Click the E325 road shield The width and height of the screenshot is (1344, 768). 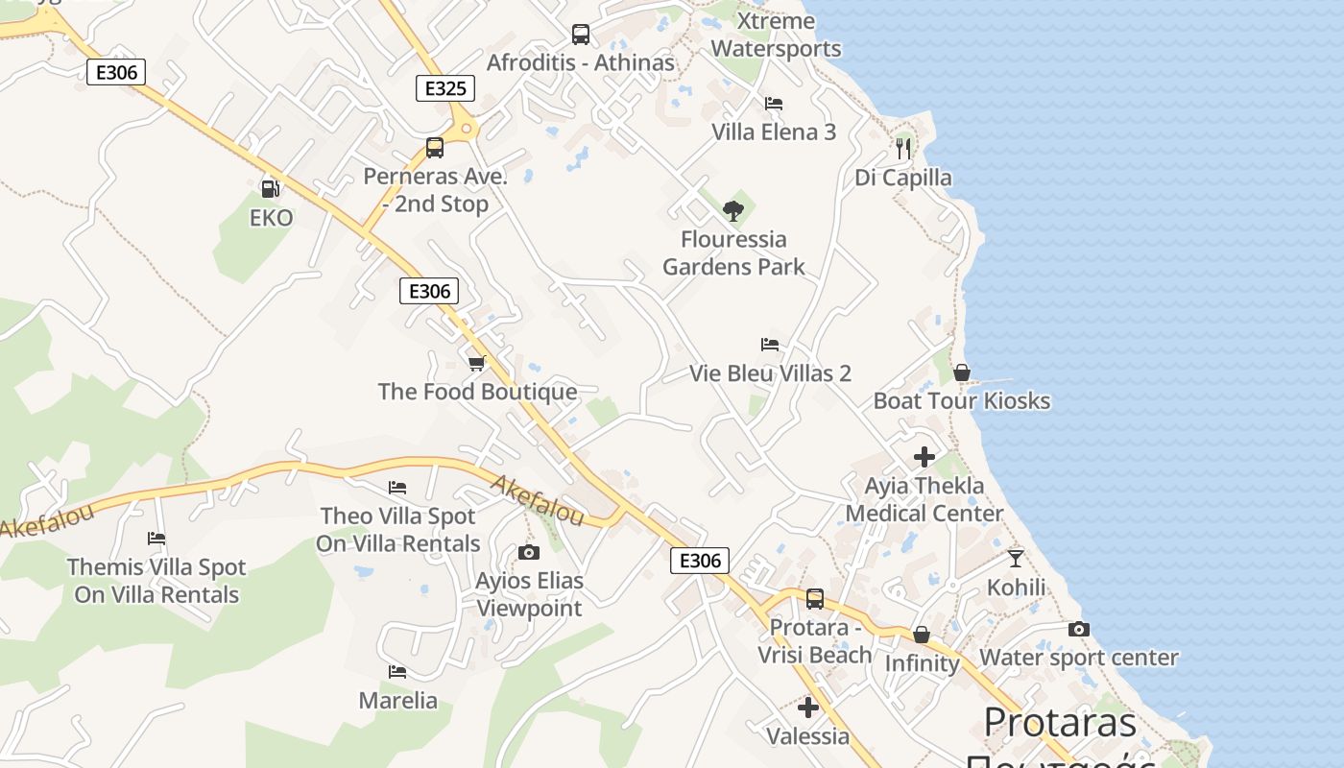(445, 88)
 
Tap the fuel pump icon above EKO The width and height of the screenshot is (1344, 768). (270, 189)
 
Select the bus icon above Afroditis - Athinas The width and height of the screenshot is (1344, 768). (581, 35)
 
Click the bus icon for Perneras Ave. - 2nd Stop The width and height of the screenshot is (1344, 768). (435, 148)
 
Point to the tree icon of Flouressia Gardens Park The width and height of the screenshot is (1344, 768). (733, 210)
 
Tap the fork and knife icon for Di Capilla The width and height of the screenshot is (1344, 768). (903, 148)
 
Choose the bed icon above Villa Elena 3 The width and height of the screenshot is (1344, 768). (774, 104)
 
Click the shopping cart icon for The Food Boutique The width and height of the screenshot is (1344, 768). (477, 363)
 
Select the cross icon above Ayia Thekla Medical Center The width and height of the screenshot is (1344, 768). (924, 457)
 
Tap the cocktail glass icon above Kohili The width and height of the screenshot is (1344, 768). (1016, 558)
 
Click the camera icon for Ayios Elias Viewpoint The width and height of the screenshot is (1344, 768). (529, 552)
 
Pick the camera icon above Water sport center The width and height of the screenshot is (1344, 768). (1079, 630)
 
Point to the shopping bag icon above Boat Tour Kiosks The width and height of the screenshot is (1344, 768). (962, 372)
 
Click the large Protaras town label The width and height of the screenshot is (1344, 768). (1060, 722)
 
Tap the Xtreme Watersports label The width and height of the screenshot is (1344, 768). (776, 35)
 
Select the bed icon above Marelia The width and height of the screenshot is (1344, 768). (397, 672)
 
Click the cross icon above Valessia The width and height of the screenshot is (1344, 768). (808, 708)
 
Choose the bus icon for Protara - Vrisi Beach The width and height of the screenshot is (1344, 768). (815, 599)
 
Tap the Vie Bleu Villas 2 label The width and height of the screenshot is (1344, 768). (770, 373)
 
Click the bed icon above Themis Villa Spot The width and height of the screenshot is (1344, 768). (156, 539)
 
